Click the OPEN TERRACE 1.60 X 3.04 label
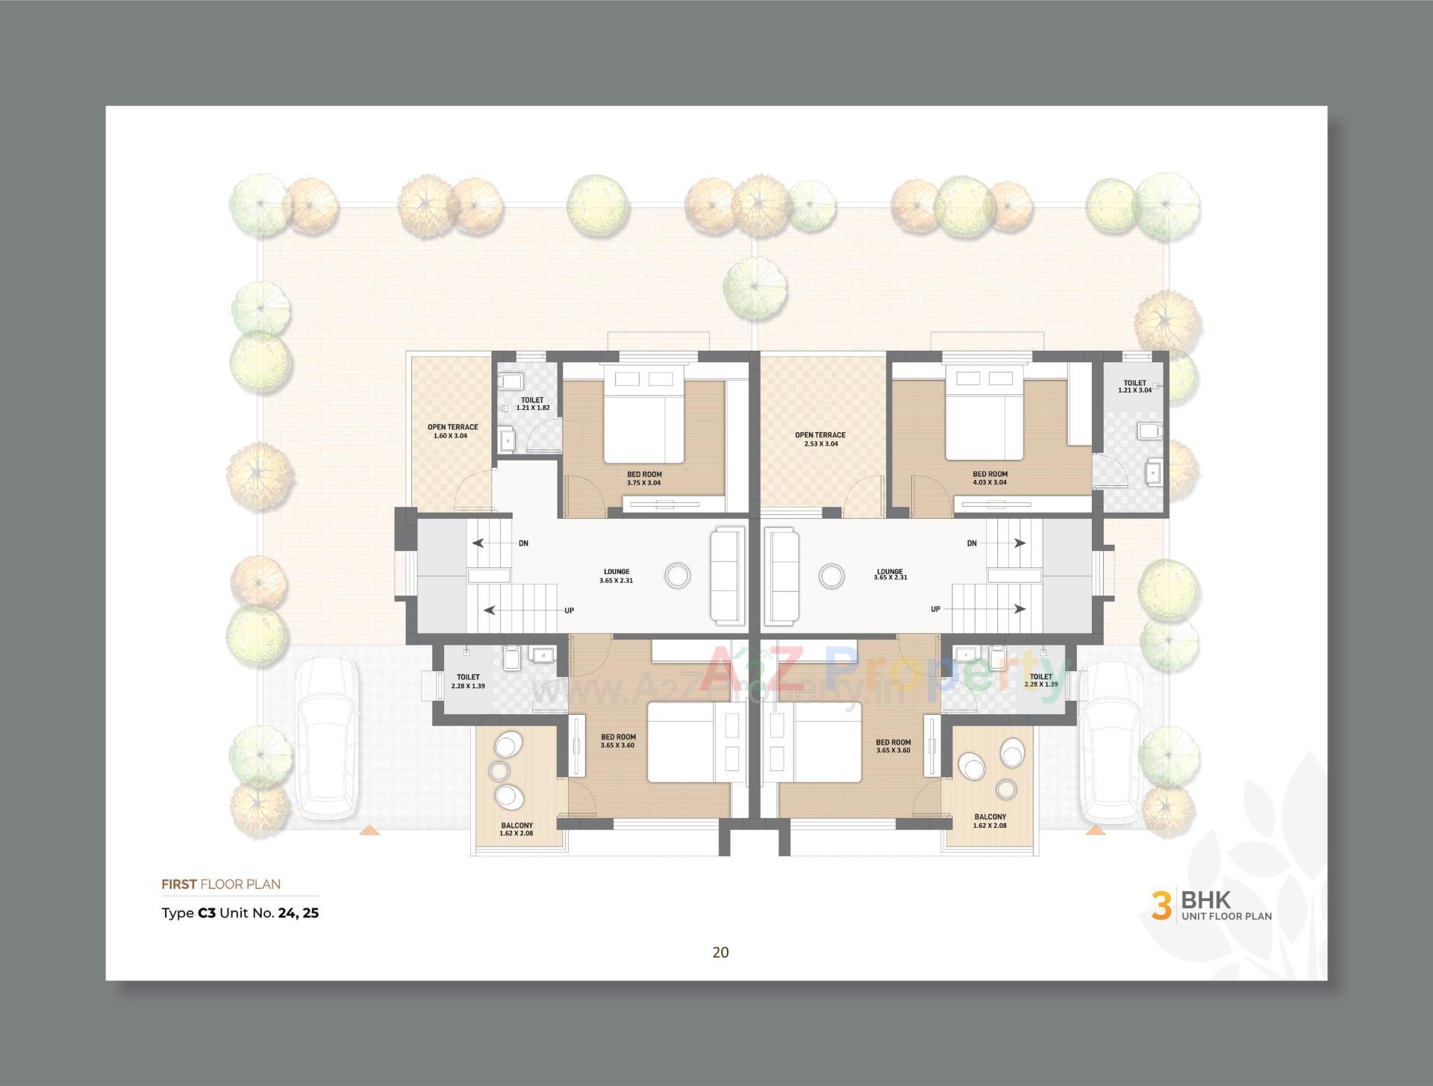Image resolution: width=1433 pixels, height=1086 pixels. coord(452,431)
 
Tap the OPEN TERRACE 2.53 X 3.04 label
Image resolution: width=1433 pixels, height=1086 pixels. coord(820,439)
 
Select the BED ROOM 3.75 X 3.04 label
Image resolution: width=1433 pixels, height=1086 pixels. coord(644,478)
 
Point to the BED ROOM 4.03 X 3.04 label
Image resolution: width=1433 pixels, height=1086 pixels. coord(990,478)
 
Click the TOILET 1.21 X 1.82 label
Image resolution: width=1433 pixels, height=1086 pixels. coord(532,404)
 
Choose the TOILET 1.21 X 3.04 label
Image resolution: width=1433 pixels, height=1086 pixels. coord(1134,386)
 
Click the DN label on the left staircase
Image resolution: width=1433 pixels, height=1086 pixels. coord(523,543)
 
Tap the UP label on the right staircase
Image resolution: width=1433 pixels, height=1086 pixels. coord(935,609)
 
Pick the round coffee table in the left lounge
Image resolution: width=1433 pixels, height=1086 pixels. coord(678,575)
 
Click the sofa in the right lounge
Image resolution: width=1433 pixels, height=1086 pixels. coord(780,575)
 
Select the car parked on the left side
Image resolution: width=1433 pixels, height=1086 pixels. coord(325,737)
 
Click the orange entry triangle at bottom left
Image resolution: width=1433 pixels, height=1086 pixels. coord(369,830)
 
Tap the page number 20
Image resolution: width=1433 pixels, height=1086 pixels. coord(720,952)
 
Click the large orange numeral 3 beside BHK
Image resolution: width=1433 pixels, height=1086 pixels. coord(1161,905)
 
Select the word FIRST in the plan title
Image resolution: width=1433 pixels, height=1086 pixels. coord(179,884)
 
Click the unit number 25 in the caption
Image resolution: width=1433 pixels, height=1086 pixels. coord(310,913)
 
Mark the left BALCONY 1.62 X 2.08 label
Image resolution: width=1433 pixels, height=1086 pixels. coord(516,829)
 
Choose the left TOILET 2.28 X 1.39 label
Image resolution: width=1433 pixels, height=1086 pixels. coord(468,681)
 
